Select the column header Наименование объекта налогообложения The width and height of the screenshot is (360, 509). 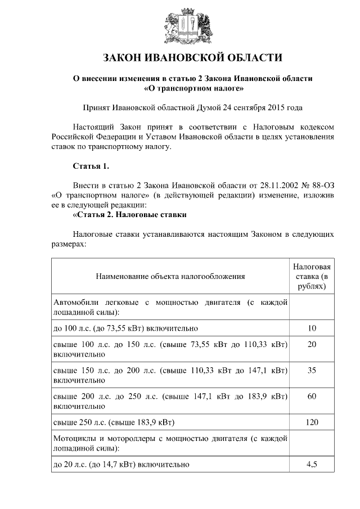pyautogui.click(x=170, y=276)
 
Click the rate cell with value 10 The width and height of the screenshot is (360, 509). pyautogui.click(x=312, y=328)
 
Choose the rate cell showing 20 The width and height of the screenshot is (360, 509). pyautogui.click(x=312, y=344)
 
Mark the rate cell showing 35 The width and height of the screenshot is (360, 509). pyautogui.click(x=312, y=371)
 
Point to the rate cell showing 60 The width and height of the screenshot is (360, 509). pyautogui.click(x=312, y=397)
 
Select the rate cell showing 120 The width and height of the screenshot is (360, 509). pyautogui.click(x=312, y=422)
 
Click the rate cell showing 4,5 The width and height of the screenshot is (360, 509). pyautogui.click(x=312, y=465)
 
